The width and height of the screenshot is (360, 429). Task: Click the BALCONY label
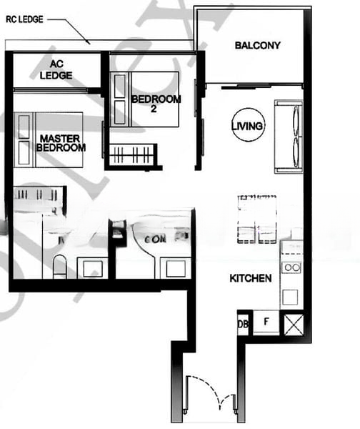pyautogui.click(x=257, y=46)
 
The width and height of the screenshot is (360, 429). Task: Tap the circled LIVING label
pyautogui.click(x=248, y=127)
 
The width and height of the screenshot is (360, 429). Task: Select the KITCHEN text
pyautogui.click(x=249, y=278)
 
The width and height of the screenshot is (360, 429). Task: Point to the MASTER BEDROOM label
pyautogui.click(x=61, y=143)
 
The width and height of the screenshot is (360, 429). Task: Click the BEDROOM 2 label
pyautogui.click(x=155, y=104)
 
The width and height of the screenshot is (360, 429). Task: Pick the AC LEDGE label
pyautogui.click(x=55, y=69)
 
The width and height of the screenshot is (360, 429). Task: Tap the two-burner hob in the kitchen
pyautogui.click(x=291, y=267)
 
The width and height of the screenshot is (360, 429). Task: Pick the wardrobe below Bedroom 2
pyautogui.click(x=131, y=154)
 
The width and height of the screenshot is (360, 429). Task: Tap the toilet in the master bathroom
pyautogui.click(x=60, y=265)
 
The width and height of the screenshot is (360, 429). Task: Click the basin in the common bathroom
pyautogui.click(x=174, y=268)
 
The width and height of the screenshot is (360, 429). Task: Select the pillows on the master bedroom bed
pyautogui.click(x=24, y=135)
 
